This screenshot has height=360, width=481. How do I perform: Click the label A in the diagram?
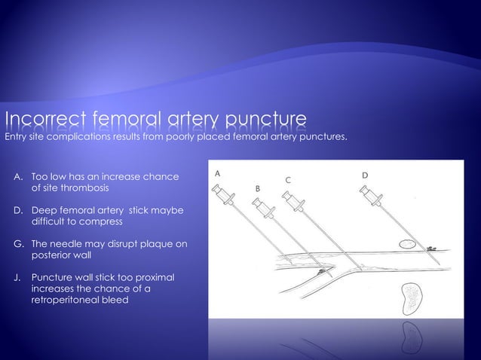coord(218,172)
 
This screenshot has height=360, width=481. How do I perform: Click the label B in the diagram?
coord(257,187)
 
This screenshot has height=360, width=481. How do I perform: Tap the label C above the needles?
coord(288,179)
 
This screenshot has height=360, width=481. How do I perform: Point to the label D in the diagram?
coord(365,175)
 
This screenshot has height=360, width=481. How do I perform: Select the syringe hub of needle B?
coord(261,206)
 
